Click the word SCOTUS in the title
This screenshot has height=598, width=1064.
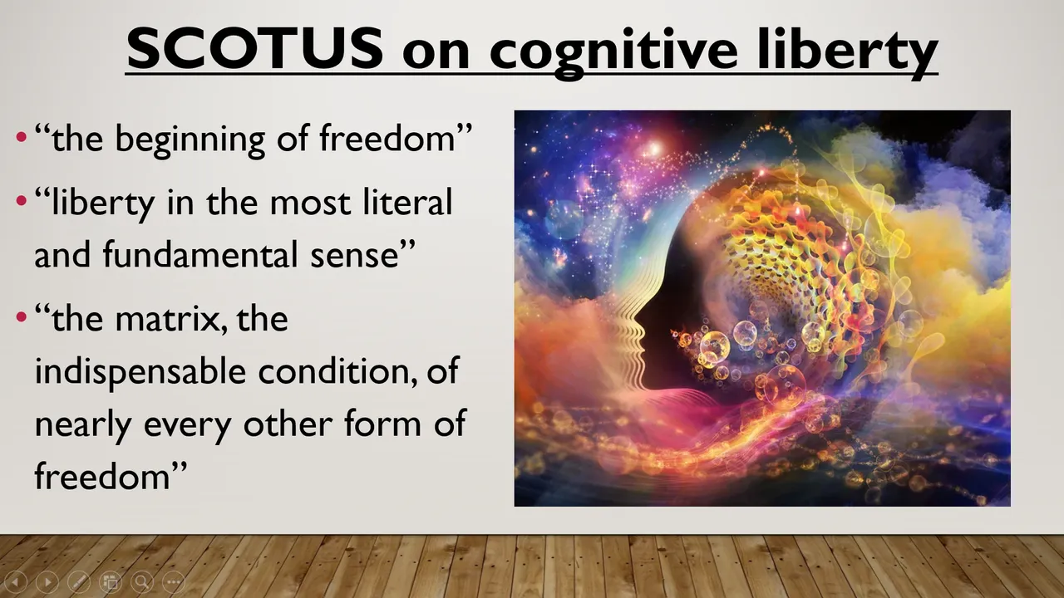pos(255,48)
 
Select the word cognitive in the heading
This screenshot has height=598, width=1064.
pos(614,52)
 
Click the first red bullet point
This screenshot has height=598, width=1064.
pos(22,137)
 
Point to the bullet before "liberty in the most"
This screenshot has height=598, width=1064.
pos(22,201)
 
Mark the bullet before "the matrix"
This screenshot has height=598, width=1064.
pos(22,316)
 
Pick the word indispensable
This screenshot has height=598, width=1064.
pos(140,373)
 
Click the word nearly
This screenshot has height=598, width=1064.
pos(83,424)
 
